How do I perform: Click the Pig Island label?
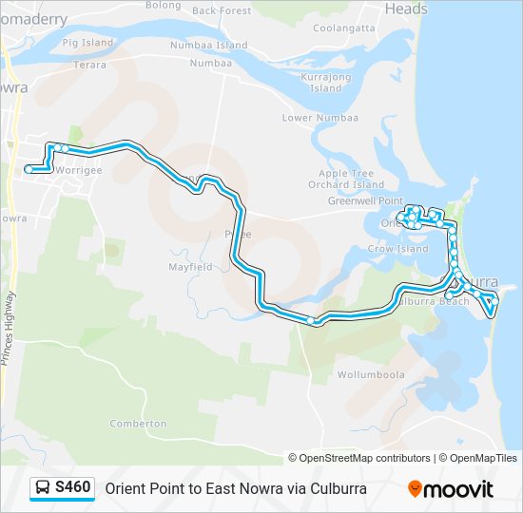click(x=87, y=43)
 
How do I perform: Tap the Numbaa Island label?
click(x=208, y=45)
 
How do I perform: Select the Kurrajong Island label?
click(x=325, y=82)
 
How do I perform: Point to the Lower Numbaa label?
click(x=320, y=118)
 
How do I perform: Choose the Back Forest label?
click(x=222, y=11)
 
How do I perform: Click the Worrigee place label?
click(x=78, y=170)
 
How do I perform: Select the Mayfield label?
click(x=190, y=267)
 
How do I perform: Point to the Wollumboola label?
click(x=370, y=374)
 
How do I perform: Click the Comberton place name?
click(x=138, y=424)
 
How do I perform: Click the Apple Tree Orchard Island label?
click(x=351, y=179)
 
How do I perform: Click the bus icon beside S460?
click(x=43, y=488)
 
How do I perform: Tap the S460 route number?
click(x=73, y=488)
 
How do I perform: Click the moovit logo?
click(x=451, y=489)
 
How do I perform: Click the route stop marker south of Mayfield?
click(x=311, y=321)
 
